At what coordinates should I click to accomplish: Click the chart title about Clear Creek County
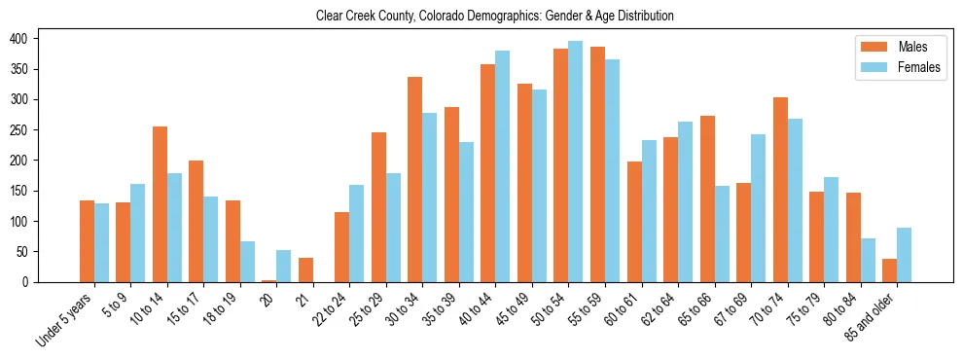point(495,17)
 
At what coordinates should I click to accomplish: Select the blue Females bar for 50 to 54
point(576,162)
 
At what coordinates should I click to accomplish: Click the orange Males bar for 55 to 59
point(597,164)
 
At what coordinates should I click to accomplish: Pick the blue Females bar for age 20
point(283,266)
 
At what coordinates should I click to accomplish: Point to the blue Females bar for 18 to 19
point(247,262)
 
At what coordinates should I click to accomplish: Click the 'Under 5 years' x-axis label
point(65,318)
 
